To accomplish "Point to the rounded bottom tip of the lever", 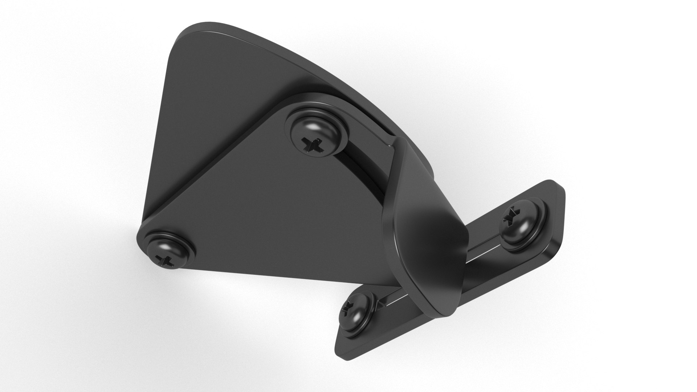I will [x=447, y=301].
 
